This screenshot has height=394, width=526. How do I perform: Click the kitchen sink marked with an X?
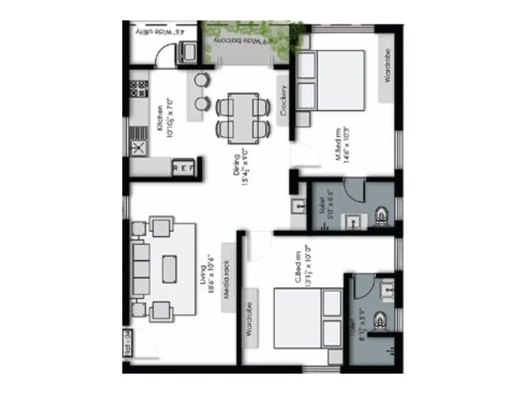(x=139, y=148)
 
